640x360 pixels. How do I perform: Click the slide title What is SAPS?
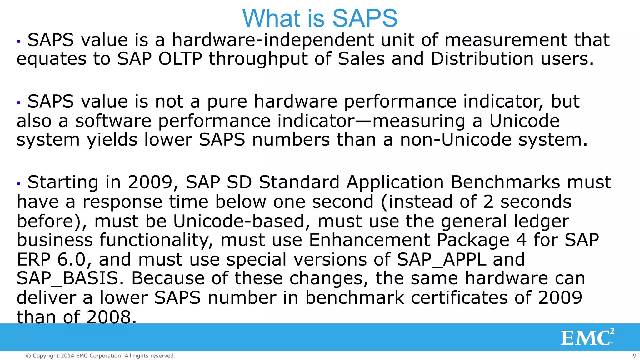(x=320, y=18)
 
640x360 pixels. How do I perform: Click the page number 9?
(x=634, y=356)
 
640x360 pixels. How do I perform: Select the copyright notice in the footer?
(x=100, y=356)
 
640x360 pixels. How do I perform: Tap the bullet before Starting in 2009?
(x=19, y=183)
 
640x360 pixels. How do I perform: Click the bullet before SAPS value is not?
(x=19, y=102)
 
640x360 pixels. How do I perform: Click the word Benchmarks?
(x=505, y=182)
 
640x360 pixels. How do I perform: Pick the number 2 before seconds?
(x=488, y=202)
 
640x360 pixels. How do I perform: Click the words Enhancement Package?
(x=409, y=240)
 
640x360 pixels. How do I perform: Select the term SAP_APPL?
(x=441, y=259)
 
